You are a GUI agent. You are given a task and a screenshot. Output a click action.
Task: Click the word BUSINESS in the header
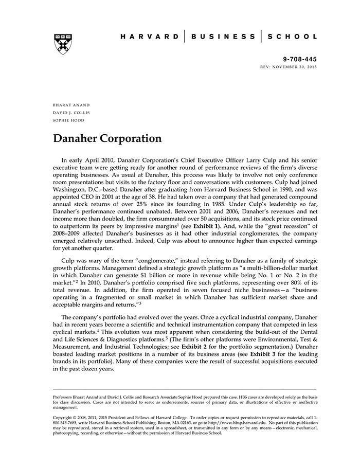click(x=223, y=37)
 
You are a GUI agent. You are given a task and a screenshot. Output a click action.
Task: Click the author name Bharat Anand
click(x=67, y=104)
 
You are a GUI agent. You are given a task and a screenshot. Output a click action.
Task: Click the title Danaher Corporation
click(x=107, y=139)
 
